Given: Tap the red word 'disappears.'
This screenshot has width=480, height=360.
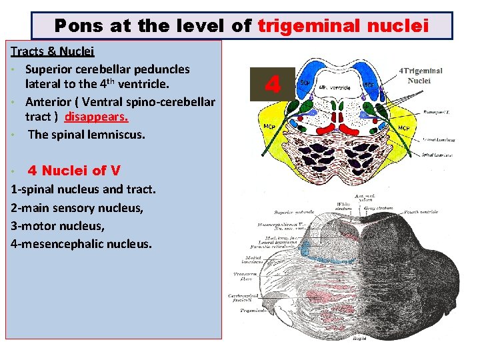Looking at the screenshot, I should (x=97, y=117).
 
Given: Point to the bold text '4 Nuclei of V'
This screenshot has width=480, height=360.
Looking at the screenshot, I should (x=74, y=171).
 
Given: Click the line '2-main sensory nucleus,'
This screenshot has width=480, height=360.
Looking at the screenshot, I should (x=77, y=207).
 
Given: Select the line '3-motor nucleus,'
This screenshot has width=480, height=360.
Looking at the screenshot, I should (x=57, y=225).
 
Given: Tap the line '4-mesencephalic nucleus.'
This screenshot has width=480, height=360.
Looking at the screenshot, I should (x=81, y=243).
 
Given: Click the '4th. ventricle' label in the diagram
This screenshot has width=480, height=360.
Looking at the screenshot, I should (x=335, y=88).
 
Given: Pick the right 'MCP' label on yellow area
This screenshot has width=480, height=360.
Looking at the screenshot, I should (x=404, y=127).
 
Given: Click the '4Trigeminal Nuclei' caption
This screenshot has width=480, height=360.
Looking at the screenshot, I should (x=420, y=75).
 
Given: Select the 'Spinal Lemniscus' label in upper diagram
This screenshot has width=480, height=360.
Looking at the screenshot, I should (x=437, y=155).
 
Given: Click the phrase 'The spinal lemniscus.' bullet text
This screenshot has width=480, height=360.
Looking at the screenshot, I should (x=86, y=134).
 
